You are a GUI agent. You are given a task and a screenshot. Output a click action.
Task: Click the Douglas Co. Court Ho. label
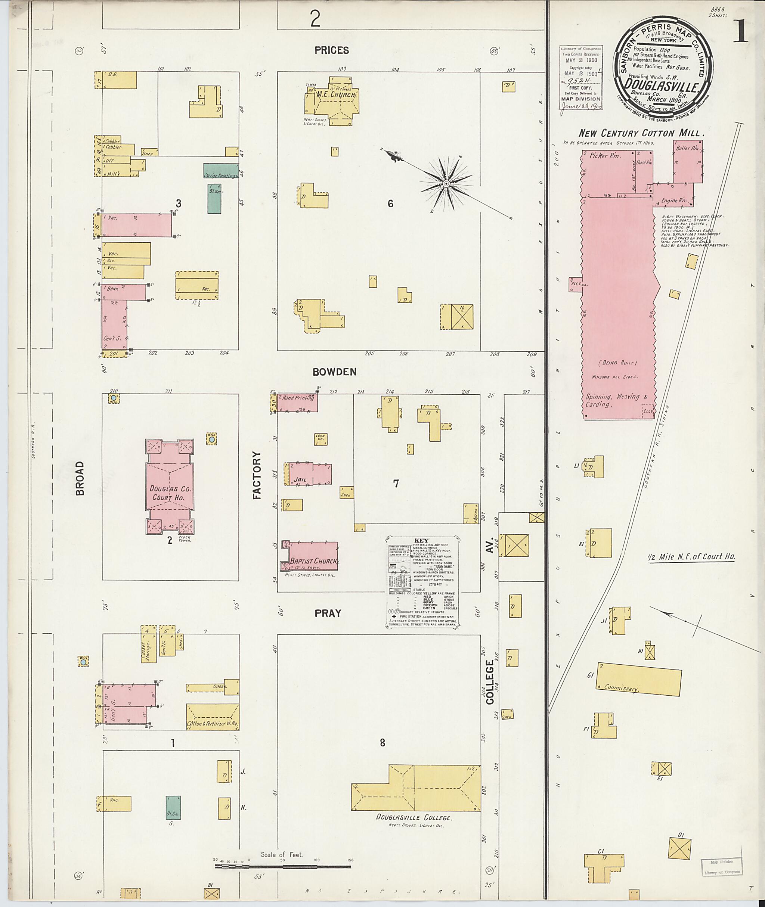(170, 493)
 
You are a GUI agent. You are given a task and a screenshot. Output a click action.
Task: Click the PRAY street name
(328, 613)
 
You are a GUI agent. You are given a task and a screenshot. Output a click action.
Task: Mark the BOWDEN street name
(334, 372)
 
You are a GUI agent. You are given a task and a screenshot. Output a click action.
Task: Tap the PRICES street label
(332, 50)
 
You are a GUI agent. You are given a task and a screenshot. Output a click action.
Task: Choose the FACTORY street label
(257, 475)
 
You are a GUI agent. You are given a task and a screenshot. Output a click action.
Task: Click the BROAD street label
(80, 478)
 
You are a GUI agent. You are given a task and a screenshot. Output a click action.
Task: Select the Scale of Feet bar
(283, 867)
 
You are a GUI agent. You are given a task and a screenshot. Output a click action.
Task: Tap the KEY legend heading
(421, 541)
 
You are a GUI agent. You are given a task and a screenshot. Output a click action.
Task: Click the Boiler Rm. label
(688, 149)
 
